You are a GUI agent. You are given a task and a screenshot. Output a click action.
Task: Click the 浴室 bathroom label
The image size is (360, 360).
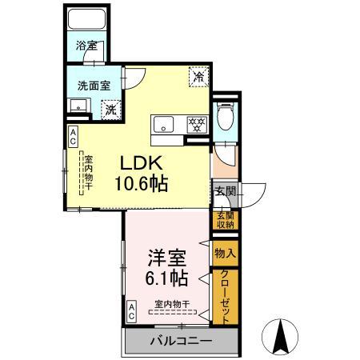(x=86, y=46)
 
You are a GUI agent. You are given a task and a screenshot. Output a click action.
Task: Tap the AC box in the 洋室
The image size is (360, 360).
(x=132, y=310)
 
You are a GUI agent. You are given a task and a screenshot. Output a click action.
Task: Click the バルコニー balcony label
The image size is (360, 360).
(x=181, y=342)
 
